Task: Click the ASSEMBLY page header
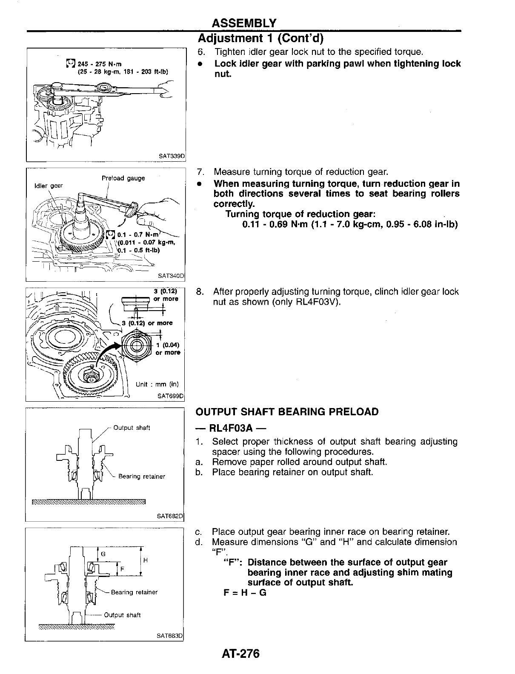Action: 244,23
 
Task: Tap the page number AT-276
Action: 240,654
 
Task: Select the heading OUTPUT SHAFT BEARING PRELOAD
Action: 287,412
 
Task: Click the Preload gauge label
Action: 123,178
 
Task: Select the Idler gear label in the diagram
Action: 48,186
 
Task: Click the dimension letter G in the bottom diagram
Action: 103,554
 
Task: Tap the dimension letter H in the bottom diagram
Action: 145,561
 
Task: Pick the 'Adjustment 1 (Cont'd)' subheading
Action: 261,39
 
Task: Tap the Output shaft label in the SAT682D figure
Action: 132,428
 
